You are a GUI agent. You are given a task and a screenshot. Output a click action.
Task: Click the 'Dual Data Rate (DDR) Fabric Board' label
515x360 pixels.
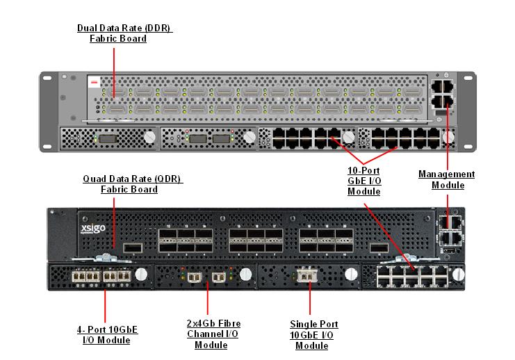pyautogui.click(x=124, y=33)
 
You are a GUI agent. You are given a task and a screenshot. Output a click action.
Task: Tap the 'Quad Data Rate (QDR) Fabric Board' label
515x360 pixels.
pyautogui.click(x=132, y=183)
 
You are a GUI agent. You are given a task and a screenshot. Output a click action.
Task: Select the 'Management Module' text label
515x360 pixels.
pyautogui.click(x=446, y=179)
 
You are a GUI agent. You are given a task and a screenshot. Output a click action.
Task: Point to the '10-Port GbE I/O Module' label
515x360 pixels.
pyautogui.click(x=364, y=181)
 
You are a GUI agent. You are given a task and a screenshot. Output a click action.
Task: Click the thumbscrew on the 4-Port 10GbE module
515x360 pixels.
pyautogui.click(x=141, y=275)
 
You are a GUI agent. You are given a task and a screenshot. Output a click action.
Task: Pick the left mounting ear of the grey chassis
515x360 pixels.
pyautogui.click(x=47, y=111)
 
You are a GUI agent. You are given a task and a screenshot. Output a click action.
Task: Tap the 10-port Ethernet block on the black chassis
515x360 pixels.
pyautogui.click(x=411, y=275)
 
